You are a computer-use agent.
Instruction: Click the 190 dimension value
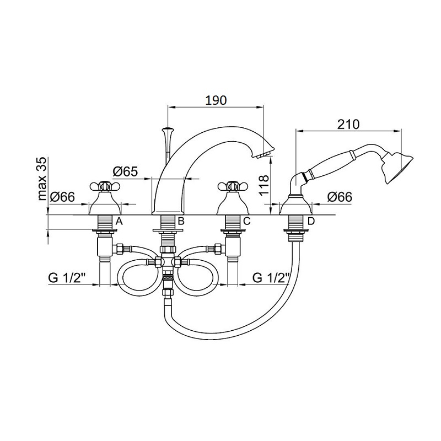click(216, 100)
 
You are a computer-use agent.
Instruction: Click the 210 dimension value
click(348, 125)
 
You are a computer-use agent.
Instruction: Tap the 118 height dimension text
click(263, 186)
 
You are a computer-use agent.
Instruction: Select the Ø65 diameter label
click(126, 171)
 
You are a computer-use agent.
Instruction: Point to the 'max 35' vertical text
click(42, 179)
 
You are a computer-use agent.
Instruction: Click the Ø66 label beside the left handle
click(62, 197)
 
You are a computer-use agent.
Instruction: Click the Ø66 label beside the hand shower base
click(340, 197)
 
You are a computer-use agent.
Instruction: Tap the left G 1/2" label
click(67, 278)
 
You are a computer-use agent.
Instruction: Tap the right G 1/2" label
click(271, 278)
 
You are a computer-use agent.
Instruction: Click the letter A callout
click(119, 222)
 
